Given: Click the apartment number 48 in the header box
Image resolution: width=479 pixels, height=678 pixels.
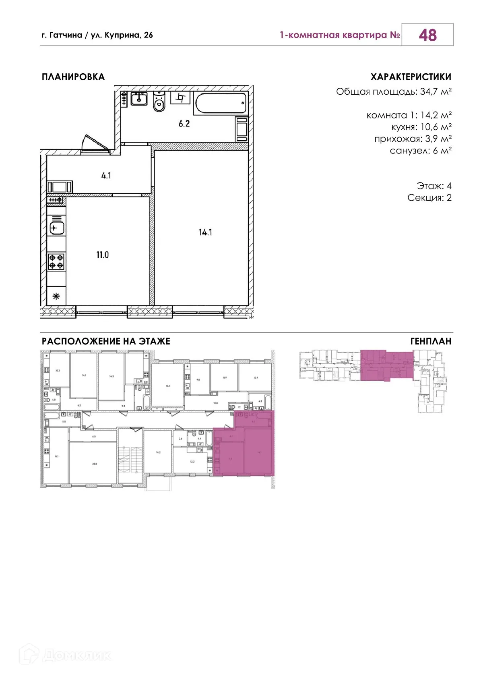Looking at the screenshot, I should click(427, 35).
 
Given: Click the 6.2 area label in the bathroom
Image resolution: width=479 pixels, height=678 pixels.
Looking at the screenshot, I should click(184, 124).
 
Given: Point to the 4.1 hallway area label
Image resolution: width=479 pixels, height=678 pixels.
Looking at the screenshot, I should click(106, 176).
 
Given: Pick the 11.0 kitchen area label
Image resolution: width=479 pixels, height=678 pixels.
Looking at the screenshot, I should click(102, 255).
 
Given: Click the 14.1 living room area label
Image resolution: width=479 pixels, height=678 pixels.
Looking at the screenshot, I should click(205, 232).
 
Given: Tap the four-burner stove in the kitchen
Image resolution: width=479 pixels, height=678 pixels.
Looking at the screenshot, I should click(56, 261).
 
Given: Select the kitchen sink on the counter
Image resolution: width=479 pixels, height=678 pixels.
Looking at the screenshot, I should click(56, 228).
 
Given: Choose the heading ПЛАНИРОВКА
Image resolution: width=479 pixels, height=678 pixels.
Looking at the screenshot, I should click(73, 77).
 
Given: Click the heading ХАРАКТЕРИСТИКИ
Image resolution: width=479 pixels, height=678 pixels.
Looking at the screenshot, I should click(411, 77).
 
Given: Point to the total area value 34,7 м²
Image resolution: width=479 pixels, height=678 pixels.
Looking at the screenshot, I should click(435, 92).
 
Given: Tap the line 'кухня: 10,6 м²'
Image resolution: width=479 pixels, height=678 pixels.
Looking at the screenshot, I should click(421, 127).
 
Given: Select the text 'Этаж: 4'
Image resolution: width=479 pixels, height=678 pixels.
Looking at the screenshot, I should click(434, 186).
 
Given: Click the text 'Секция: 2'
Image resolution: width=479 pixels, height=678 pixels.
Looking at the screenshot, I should click(429, 198).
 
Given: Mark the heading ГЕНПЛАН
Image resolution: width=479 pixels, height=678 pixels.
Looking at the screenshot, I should click(431, 342).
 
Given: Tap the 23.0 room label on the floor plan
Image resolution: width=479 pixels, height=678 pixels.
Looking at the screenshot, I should click(94, 464).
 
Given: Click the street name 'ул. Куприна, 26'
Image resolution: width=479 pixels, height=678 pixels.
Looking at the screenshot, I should click(122, 35).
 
